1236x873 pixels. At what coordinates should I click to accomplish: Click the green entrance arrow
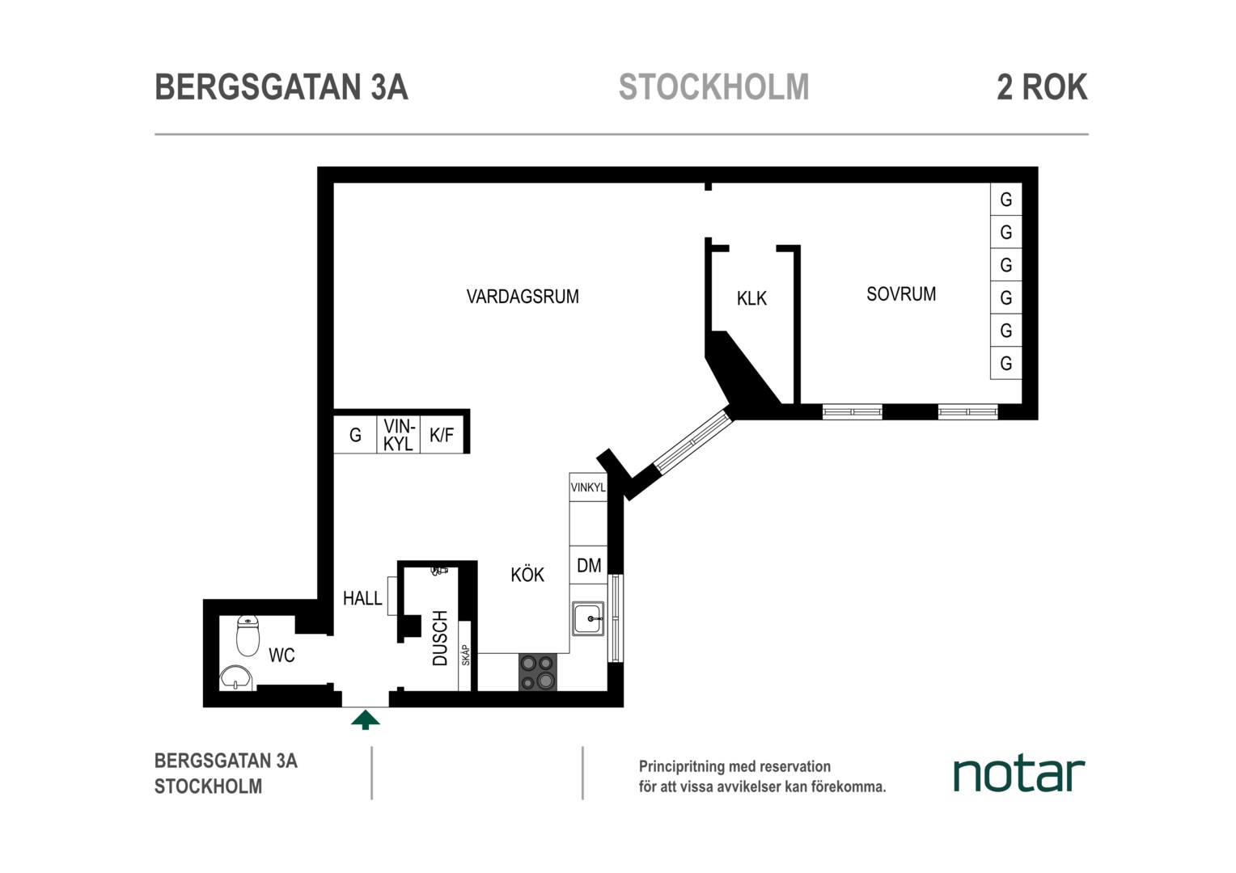366,719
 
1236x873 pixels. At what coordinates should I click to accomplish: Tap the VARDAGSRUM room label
523,297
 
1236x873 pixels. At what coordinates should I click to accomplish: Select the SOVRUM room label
901,294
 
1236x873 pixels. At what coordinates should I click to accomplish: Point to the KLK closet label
751,298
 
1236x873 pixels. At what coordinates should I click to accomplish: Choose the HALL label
362,598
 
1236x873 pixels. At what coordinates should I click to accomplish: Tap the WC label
281,656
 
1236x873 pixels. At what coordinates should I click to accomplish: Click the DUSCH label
440,638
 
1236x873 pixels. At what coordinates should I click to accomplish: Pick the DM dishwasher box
588,565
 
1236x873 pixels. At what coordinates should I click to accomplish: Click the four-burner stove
537,672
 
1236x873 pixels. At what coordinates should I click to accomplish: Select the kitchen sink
588,618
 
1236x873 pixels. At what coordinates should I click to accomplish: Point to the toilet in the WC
248,636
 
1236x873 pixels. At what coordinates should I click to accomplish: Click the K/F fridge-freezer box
442,435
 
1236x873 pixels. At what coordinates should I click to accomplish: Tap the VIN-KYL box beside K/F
399,435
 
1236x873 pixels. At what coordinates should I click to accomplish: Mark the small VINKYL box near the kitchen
588,487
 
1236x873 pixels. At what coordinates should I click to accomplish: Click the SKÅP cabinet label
465,656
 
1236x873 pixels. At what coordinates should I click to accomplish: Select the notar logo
1018,774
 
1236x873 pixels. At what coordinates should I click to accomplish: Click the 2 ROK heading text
1042,87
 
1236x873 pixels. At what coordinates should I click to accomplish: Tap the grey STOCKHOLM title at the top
714,87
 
